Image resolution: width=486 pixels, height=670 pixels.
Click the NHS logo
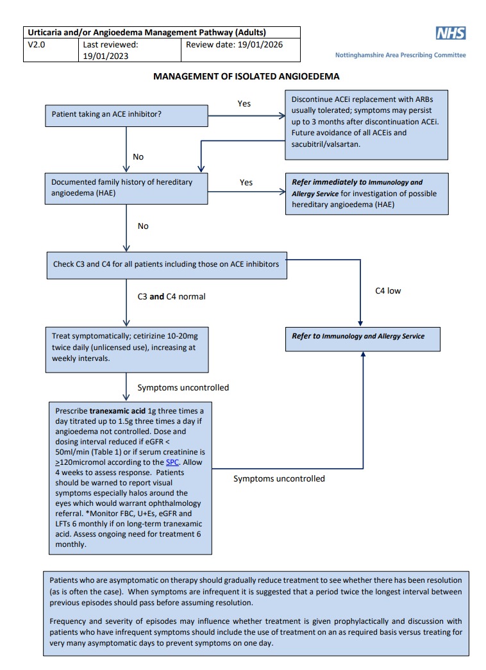pyautogui.click(x=451, y=34)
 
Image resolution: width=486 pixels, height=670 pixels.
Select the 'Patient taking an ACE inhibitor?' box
pyautogui.click(x=126, y=116)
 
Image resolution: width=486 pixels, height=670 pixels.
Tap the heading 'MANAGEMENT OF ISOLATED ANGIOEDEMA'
pyautogui.click(x=246, y=76)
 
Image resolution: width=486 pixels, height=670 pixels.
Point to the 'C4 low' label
pyautogui.click(x=388, y=291)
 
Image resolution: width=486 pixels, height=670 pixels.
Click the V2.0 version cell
pyautogui.click(x=51, y=51)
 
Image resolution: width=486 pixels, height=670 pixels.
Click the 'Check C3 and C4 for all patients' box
pyautogui.click(x=166, y=265)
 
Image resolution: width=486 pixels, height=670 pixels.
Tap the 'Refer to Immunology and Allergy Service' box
pyautogui.click(x=362, y=336)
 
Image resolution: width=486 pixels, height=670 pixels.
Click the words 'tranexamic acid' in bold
pyautogui.click(x=114, y=411)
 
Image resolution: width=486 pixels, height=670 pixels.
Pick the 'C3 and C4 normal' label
pyautogui.click(x=171, y=297)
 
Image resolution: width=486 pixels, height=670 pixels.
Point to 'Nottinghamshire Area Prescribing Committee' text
pyautogui.click(x=401, y=55)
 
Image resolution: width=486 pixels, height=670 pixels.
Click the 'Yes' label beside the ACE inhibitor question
pyautogui.click(x=244, y=103)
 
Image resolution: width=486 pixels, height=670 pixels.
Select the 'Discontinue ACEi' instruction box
pyautogui.click(x=365, y=124)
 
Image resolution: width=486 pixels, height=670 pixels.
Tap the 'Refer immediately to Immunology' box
pyautogui.click(x=365, y=193)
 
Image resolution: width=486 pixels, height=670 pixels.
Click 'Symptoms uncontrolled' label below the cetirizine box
pyautogui.click(x=183, y=387)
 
